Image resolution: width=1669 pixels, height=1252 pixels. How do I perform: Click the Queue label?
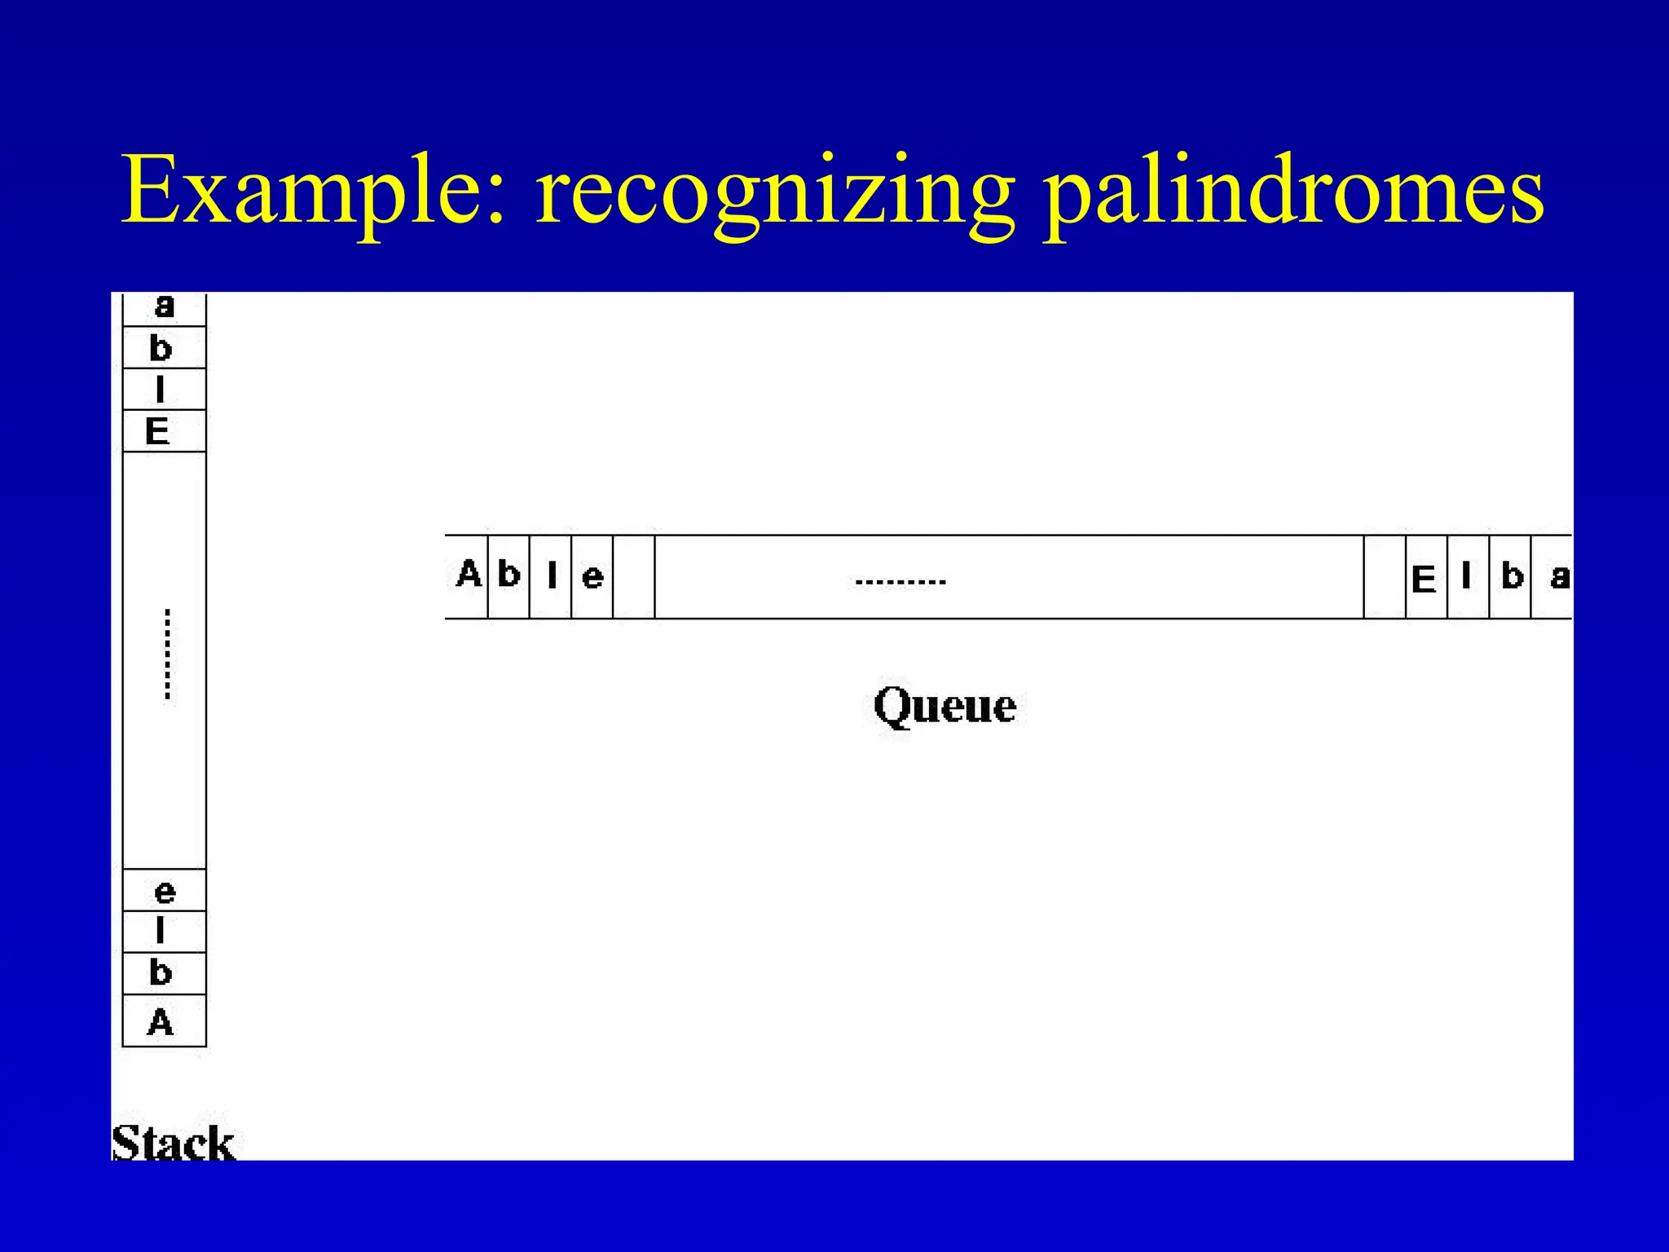click(945, 706)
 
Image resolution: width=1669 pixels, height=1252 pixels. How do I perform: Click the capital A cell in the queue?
click(468, 575)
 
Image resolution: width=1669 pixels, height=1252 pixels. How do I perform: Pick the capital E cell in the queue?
click(1425, 578)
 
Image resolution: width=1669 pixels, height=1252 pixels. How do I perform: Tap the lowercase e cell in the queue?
click(592, 577)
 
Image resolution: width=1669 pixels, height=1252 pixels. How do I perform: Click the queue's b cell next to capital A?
click(509, 575)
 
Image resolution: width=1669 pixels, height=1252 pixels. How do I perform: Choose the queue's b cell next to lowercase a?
click(1512, 577)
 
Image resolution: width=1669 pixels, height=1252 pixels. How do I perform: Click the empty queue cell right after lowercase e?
click(634, 577)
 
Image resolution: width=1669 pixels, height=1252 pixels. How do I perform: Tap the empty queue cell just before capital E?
click(1385, 577)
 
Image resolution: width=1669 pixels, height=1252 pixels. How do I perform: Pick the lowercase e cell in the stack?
click(165, 892)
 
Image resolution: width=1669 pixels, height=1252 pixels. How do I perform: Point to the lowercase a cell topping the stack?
click(165, 307)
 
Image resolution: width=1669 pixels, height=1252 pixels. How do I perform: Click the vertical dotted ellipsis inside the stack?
click(167, 654)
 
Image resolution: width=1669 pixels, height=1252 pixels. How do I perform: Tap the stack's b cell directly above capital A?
click(161, 973)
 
